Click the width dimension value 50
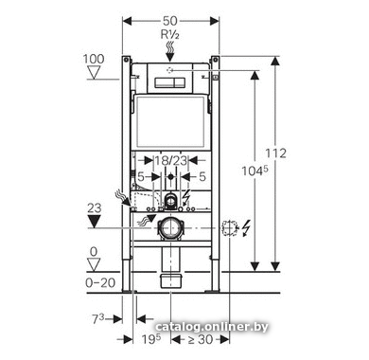[x=170, y=21]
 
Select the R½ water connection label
[x=170, y=34]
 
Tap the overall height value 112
[x=275, y=153]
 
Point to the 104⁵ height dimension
[x=255, y=171]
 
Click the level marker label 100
[x=94, y=59]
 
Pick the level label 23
[x=95, y=208]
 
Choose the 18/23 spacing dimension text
[x=170, y=161]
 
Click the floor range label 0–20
[x=100, y=282]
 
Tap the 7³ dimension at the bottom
[x=97, y=319]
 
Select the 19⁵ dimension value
[x=151, y=339]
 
